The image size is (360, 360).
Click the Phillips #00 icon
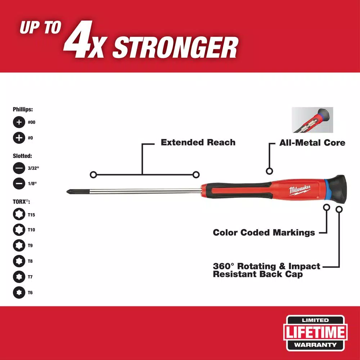pyautogui.click(x=18, y=122)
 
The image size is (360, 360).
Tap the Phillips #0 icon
pyautogui.click(x=18, y=138)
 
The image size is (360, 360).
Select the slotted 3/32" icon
pyautogui.click(x=18, y=168)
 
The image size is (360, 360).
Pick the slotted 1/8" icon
pyautogui.click(x=18, y=184)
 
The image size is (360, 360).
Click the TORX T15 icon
pyautogui.click(x=18, y=215)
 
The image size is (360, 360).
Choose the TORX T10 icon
pyautogui.click(x=18, y=230)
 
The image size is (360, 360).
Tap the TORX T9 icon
pyautogui.click(x=18, y=245)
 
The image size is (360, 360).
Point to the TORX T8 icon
pyautogui.click(x=18, y=261)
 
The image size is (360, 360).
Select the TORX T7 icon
pyautogui.click(x=18, y=276)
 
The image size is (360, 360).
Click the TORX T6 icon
pyautogui.click(x=18, y=292)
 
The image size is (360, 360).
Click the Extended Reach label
pyautogui.click(x=198, y=143)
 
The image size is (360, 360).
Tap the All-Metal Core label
pyautogui.click(x=312, y=143)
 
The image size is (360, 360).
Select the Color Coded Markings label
pyautogui.click(x=264, y=233)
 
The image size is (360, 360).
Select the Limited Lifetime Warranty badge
pyautogui.click(x=316, y=333)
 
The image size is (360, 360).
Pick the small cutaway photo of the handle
pyautogui.click(x=312, y=120)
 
